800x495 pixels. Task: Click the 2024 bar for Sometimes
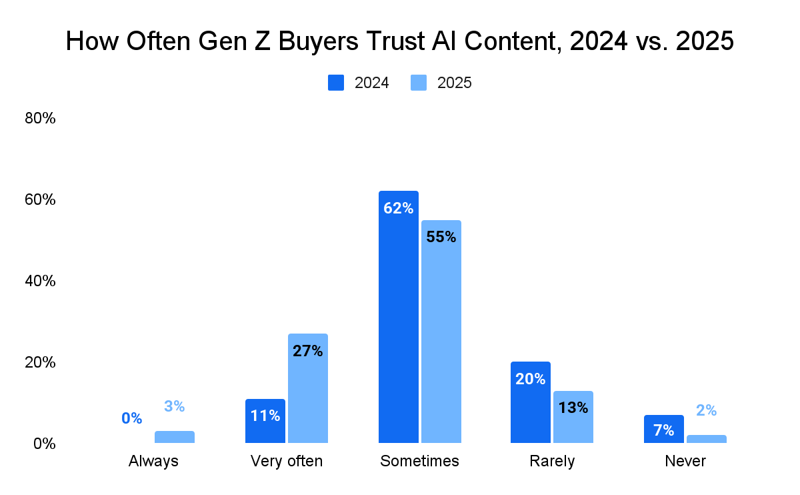coord(399,320)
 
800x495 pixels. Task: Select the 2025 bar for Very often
coord(308,394)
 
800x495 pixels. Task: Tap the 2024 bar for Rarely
coord(531,407)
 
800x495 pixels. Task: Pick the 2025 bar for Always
coord(175,437)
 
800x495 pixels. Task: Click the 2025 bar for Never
coord(707,439)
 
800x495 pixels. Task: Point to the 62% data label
coord(399,208)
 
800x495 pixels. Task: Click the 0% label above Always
coord(132,418)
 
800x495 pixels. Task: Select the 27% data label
coord(308,351)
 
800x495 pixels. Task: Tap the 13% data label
coord(573,408)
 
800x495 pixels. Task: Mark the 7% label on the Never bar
coord(664,430)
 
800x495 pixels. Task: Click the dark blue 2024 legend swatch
coord(336,83)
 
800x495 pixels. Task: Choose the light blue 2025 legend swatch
coord(419,83)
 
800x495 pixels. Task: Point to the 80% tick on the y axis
coord(40,119)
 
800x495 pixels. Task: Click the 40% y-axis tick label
coord(40,281)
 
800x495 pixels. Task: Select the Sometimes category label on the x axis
coord(419,461)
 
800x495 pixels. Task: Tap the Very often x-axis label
coord(287,461)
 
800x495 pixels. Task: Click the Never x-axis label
coord(685,461)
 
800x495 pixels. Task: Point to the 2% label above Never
coord(707,411)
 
